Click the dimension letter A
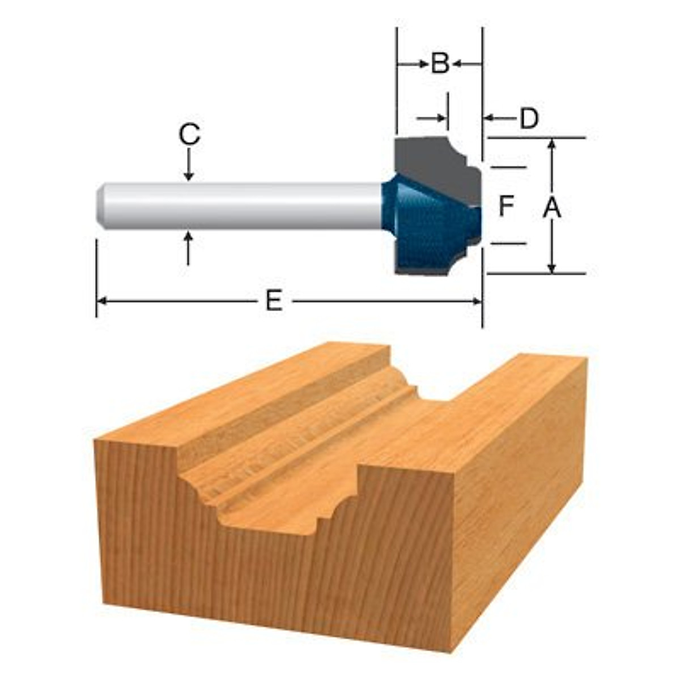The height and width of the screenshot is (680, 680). pos(551,208)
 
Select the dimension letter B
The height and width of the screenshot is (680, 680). pos(440,63)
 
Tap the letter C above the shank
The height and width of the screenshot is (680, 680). pos(189,135)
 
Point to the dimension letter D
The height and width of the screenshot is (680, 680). pos(528,118)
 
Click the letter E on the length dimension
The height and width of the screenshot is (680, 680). pos(274,301)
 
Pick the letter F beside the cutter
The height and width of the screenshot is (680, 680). pos(506,206)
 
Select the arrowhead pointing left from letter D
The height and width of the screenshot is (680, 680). pos(488,118)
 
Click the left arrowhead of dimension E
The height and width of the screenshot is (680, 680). pos(102,301)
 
